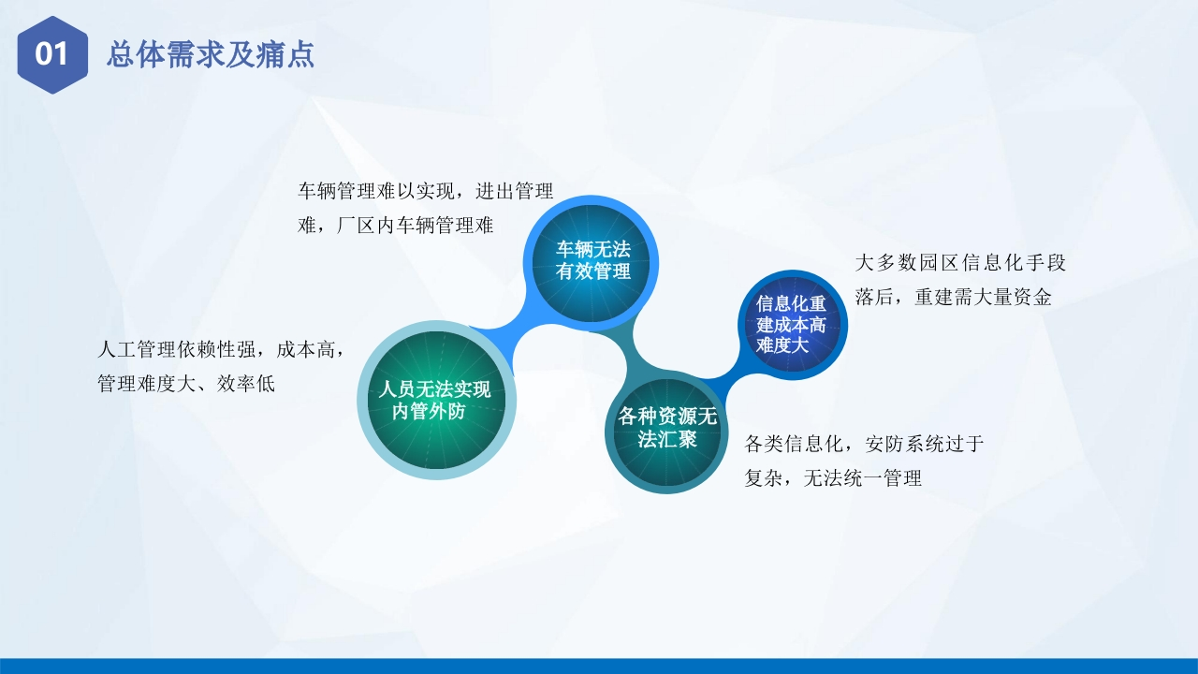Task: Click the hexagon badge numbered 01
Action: tap(52, 54)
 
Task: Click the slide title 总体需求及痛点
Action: tap(211, 54)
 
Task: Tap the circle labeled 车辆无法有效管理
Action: tap(591, 263)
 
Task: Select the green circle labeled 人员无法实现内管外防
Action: tap(436, 400)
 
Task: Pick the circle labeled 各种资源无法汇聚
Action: tap(666, 432)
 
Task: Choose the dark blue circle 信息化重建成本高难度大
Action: tap(792, 325)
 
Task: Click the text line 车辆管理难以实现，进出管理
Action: tap(425, 191)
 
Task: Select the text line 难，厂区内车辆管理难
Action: tap(395, 226)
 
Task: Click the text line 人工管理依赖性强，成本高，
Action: tap(220, 349)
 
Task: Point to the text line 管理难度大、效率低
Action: tap(186, 384)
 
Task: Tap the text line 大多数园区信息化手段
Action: tap(960, 263)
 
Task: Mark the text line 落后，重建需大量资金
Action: tap(953, 297)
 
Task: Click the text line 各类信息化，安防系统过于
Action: tap(864, 444)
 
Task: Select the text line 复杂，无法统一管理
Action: tap(833, 477)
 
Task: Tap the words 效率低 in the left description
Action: tap(246, 384)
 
